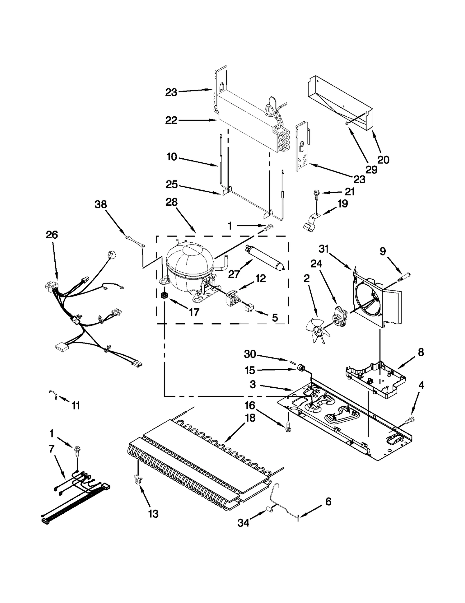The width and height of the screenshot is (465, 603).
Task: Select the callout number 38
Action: (x=101, y=205)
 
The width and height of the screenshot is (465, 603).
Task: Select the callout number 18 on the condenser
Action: (x=250, y=418)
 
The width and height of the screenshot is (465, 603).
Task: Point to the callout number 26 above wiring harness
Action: (x=52, y=235)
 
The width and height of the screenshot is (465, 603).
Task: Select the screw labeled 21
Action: (x=316, y=194)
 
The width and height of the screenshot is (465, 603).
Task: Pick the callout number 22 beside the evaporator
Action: (x=171, y=120)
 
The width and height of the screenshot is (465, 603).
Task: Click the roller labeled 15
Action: (x=301, y=369)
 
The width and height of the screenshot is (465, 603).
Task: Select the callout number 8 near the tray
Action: (x=421, y=352)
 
